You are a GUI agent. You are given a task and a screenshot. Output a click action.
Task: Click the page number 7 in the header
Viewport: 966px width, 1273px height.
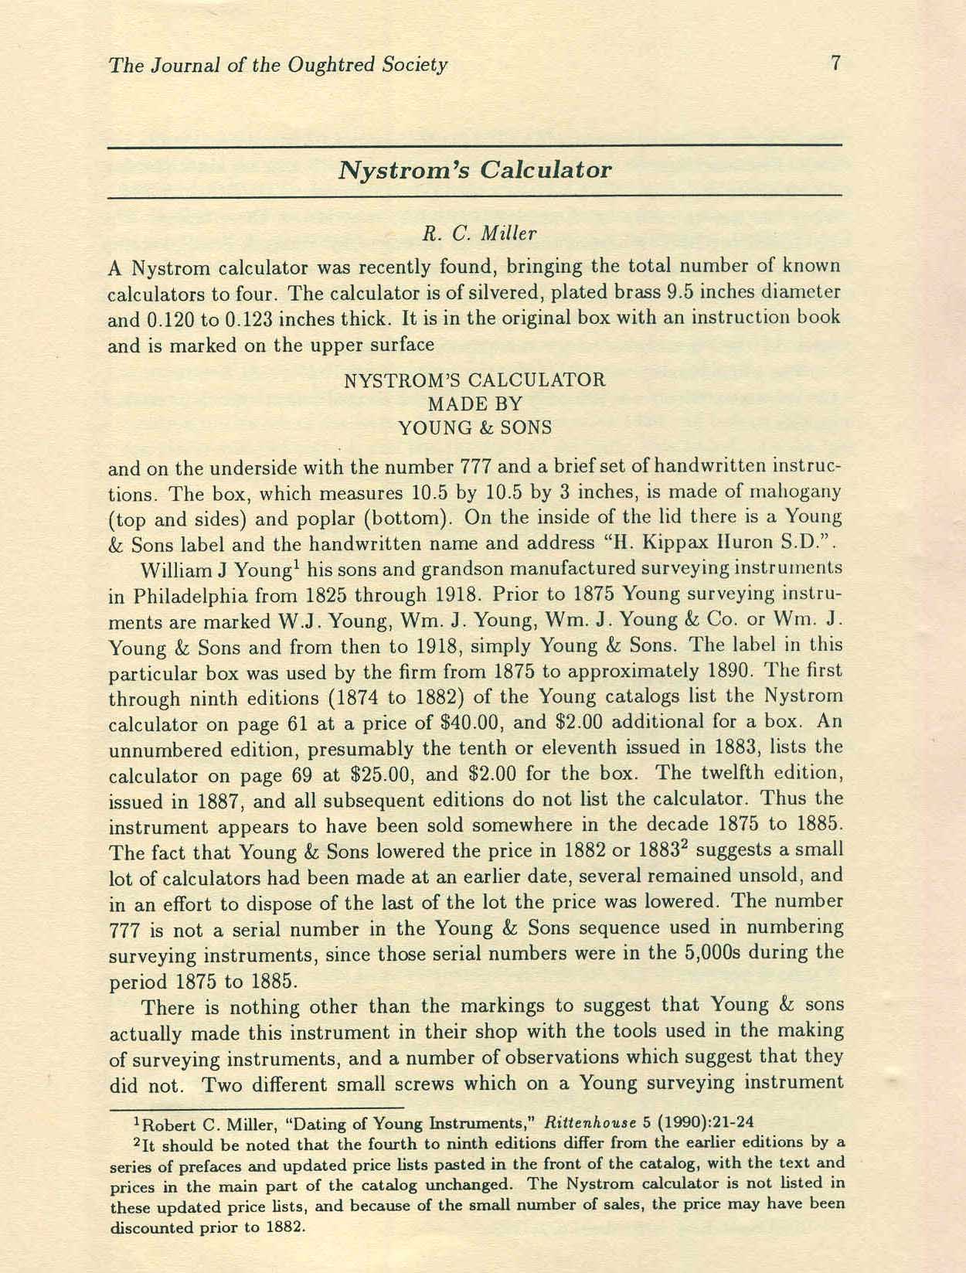coord(835,63)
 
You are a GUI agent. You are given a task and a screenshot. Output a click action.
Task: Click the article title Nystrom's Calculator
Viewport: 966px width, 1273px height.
coord(474,170)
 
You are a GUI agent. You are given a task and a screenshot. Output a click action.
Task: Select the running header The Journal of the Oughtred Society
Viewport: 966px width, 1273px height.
coord(278,65)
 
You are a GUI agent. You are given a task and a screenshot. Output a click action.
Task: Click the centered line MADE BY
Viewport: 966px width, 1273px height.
coord(475,403)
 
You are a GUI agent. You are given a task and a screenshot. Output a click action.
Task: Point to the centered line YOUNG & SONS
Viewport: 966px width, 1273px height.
coord(475,427)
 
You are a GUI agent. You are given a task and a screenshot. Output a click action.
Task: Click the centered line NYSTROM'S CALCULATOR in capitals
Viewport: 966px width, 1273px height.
coord(474,380)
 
